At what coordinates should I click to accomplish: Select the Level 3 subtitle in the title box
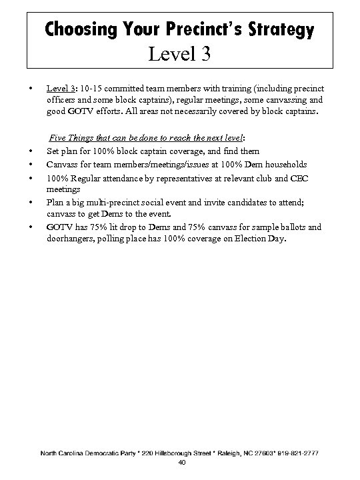(180, 53)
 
